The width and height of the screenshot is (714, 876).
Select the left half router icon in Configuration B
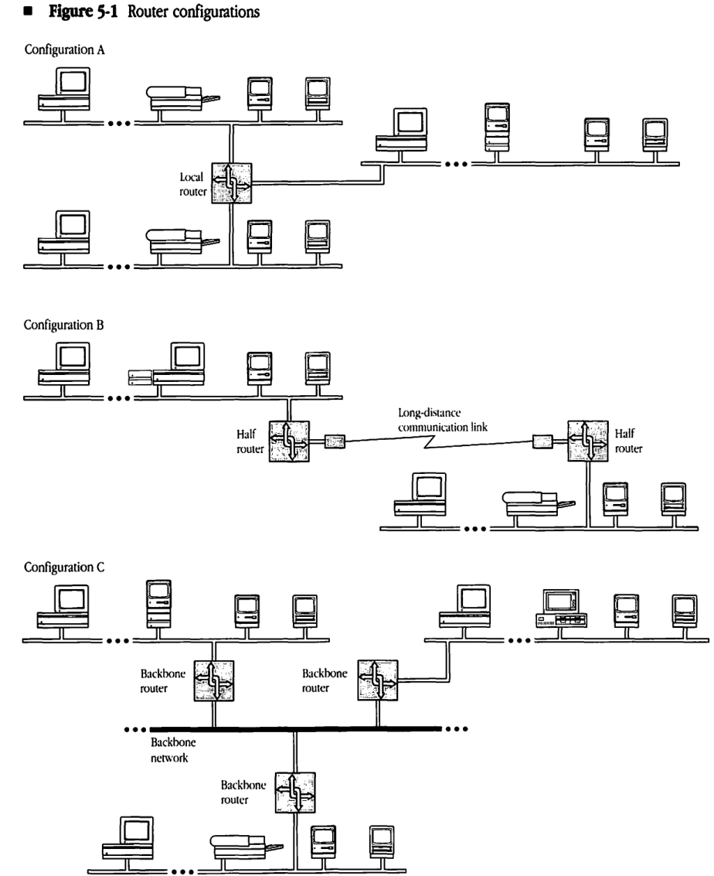point(288,442)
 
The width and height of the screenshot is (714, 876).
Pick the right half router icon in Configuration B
point(588,442)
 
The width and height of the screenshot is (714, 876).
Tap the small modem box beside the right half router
point(543,443)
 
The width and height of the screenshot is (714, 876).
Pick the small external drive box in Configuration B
point(139,378)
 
